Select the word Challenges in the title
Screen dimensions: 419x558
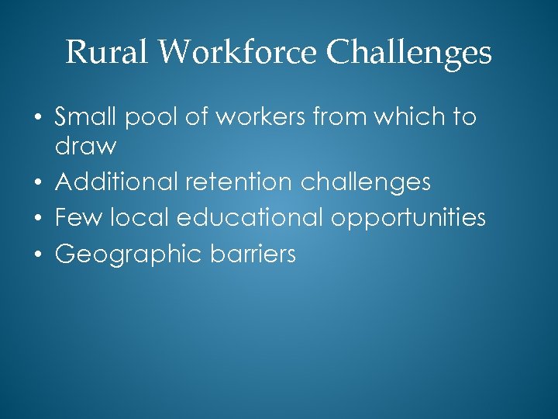point(409,53)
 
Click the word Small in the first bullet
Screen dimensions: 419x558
point(85,117)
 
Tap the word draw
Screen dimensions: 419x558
point(85,146)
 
